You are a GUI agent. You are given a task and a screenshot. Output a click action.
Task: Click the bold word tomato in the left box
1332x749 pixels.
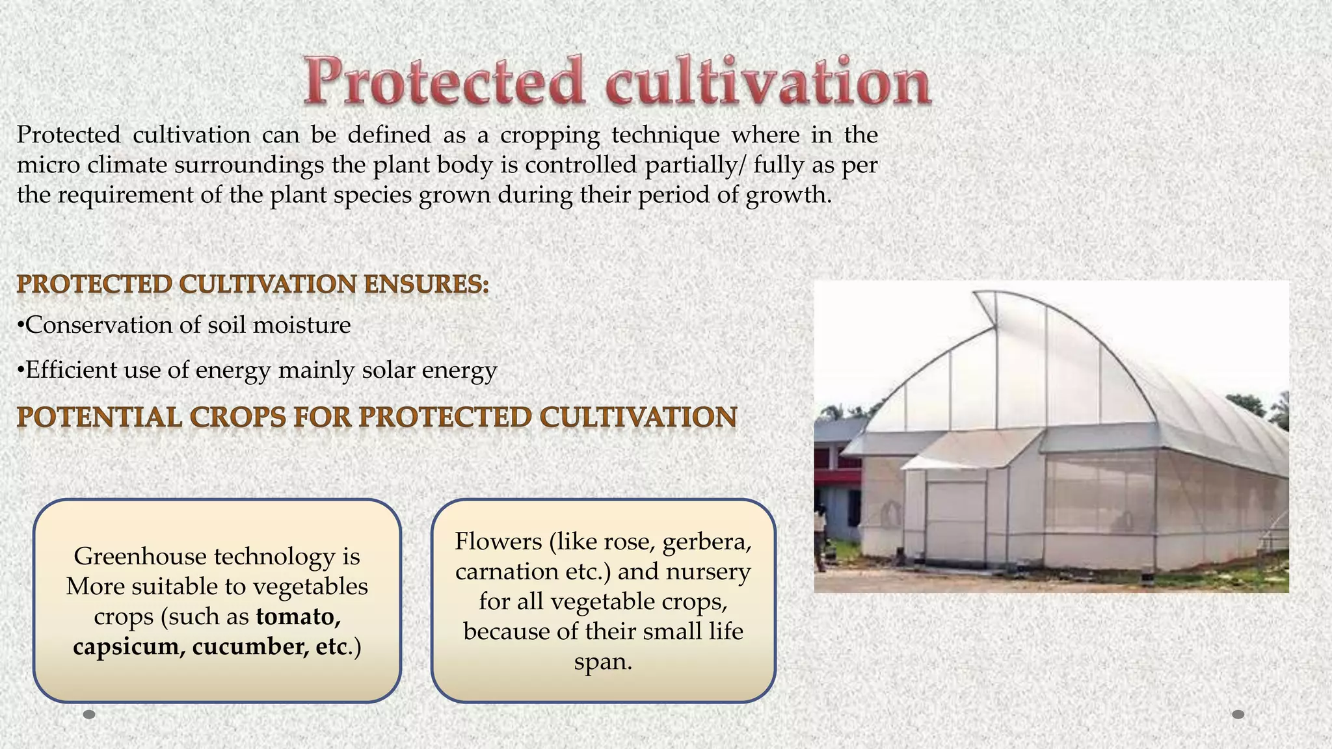point(298,616)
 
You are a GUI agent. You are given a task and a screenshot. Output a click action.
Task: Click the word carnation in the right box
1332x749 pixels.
point(500,571)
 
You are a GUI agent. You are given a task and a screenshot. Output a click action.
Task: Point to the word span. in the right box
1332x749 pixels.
point(603,661)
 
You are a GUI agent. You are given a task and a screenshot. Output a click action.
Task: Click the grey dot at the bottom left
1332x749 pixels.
point(90,715)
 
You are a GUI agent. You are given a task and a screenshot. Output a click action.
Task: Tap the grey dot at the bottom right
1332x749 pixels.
point(1238,715)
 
